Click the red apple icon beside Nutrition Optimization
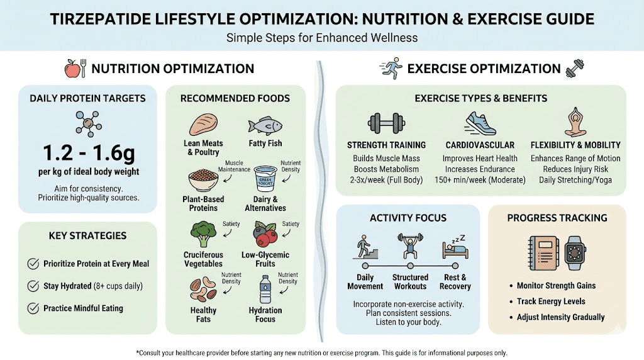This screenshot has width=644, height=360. click(x=73, y=69)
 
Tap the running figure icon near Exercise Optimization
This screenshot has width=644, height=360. click(x=390, y=68)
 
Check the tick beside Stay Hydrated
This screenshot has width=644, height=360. click(x=33, y=286)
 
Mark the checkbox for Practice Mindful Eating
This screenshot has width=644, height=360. click(x=33, y=308)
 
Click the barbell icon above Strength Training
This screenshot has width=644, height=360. click(x=386, y=123)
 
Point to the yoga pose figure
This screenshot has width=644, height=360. click(x=575, y=122)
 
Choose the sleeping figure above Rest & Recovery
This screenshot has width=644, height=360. click(x=455, y=247)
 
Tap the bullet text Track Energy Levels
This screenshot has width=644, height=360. click(x=551, y=301)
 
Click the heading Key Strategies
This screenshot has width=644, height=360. click(x=87, y=235)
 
